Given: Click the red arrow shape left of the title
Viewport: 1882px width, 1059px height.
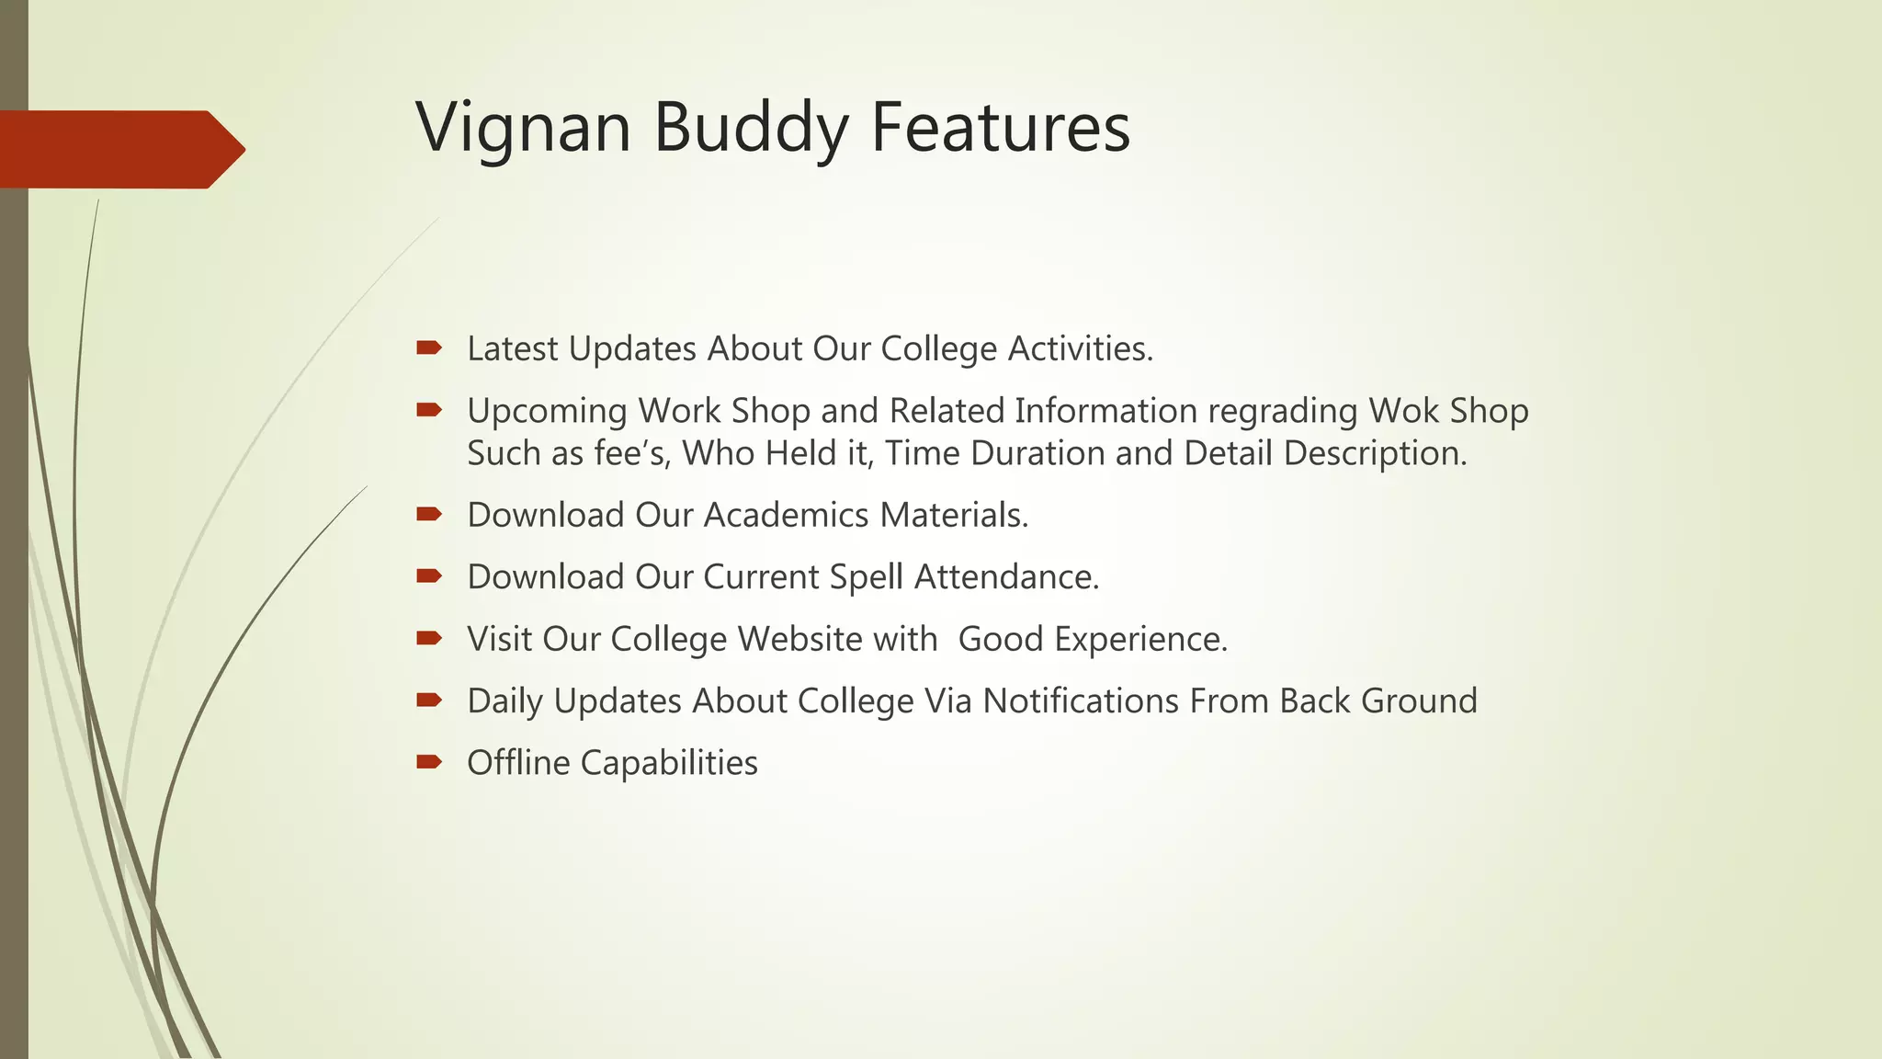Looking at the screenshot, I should (x=119, y=149).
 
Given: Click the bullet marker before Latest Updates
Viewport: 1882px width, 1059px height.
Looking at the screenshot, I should (x=428, y=347).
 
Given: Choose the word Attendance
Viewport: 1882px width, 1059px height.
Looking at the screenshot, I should (x=1006, y=577).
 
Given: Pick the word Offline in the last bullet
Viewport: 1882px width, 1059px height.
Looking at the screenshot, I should (x=518, y=763).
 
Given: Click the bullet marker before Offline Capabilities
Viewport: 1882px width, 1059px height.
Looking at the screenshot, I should (x=428, y=761).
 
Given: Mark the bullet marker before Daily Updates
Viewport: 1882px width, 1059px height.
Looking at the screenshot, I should (x=428, y=700).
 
